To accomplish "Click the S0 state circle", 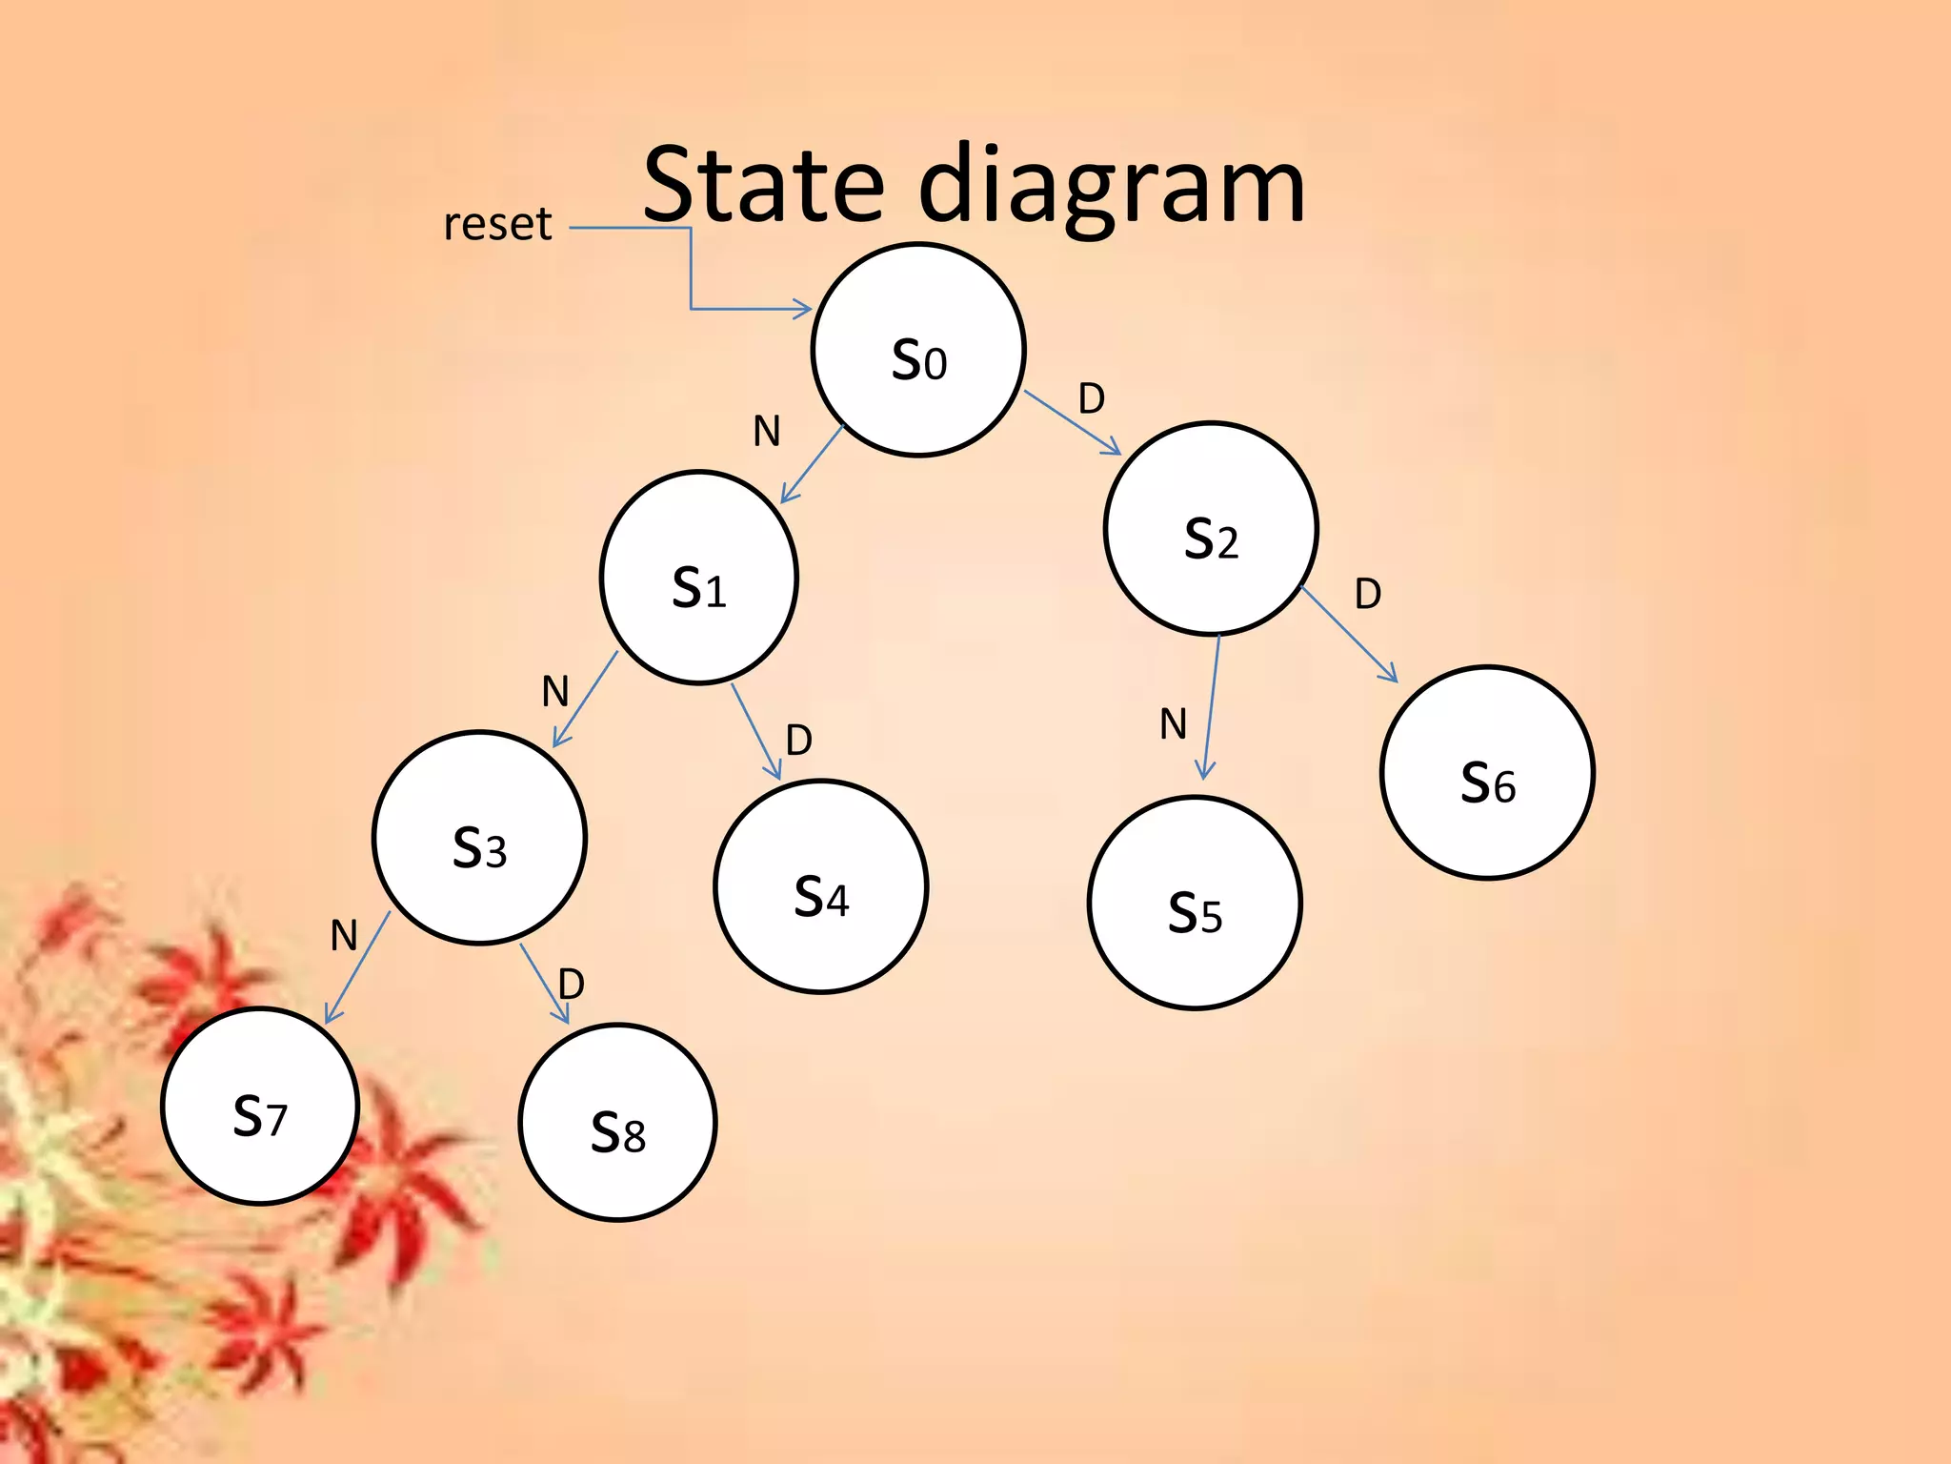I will click(918, 350).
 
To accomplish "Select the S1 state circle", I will click(699, 578).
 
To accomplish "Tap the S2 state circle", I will click(1211, 528).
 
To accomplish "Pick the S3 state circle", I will click(479, 838).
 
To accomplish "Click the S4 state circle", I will click(820, 886).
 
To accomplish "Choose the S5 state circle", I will click(1195, 903).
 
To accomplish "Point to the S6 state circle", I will click(1487, 772).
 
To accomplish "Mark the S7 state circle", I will click(260, 1106).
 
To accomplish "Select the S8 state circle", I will click(617, 1122).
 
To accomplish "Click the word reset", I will click(497, 224).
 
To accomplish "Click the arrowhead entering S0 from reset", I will click(803, 309).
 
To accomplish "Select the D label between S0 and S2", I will click(1092, 398).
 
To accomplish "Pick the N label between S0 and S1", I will click(767, 431).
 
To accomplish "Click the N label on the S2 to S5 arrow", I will click(1173, 724).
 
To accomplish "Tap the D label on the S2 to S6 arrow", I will click(1368, 594).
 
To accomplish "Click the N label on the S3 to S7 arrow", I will click(344, 935).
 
